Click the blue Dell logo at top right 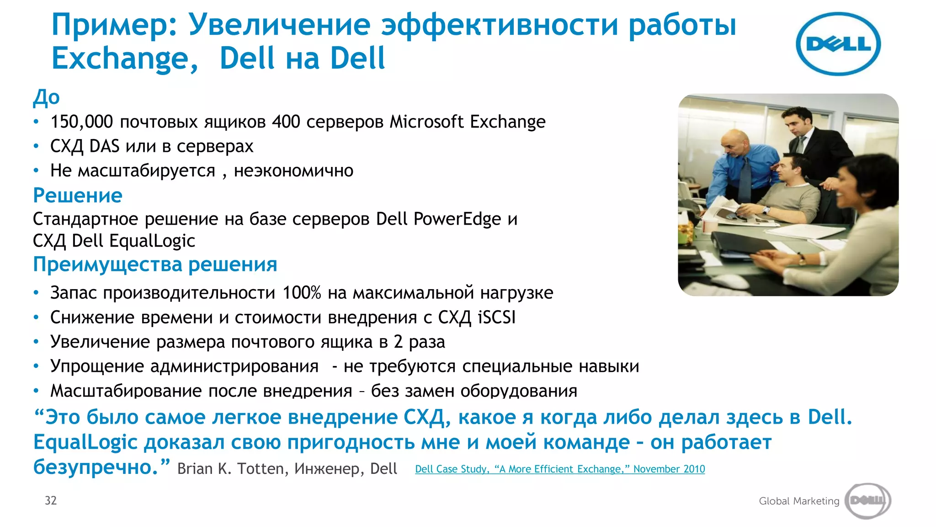[x=838, y=44]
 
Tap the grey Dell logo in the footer [x=867, y=500]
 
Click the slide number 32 [x=51, y=500]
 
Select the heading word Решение [x=78, y=195]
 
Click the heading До [x=46, y=97]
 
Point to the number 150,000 [x=81, y=122]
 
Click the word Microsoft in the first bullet [x=427, y=122]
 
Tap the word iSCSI [x=496, y=317]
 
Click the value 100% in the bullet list [x=302, y=293]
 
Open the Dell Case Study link [x=560, y=469]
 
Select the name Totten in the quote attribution [x=263, y=469]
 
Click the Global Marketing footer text [x=799, y=501]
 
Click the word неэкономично [x=293, y=171]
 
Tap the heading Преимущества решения [x=155, y=264]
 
